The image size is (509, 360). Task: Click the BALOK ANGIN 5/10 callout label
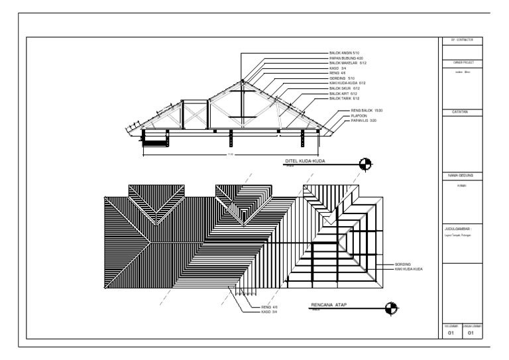pyautogui.click(x=343, y=52)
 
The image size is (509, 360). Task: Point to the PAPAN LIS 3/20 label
pyautogui.click(x=363, y=121)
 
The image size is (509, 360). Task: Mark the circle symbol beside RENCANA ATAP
pyautogui.click(x=392, y=307)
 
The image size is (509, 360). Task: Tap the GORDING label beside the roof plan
pyautogui.click(x=402, y=265)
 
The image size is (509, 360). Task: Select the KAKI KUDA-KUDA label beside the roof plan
pyautogui.click(x=408, y=269)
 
